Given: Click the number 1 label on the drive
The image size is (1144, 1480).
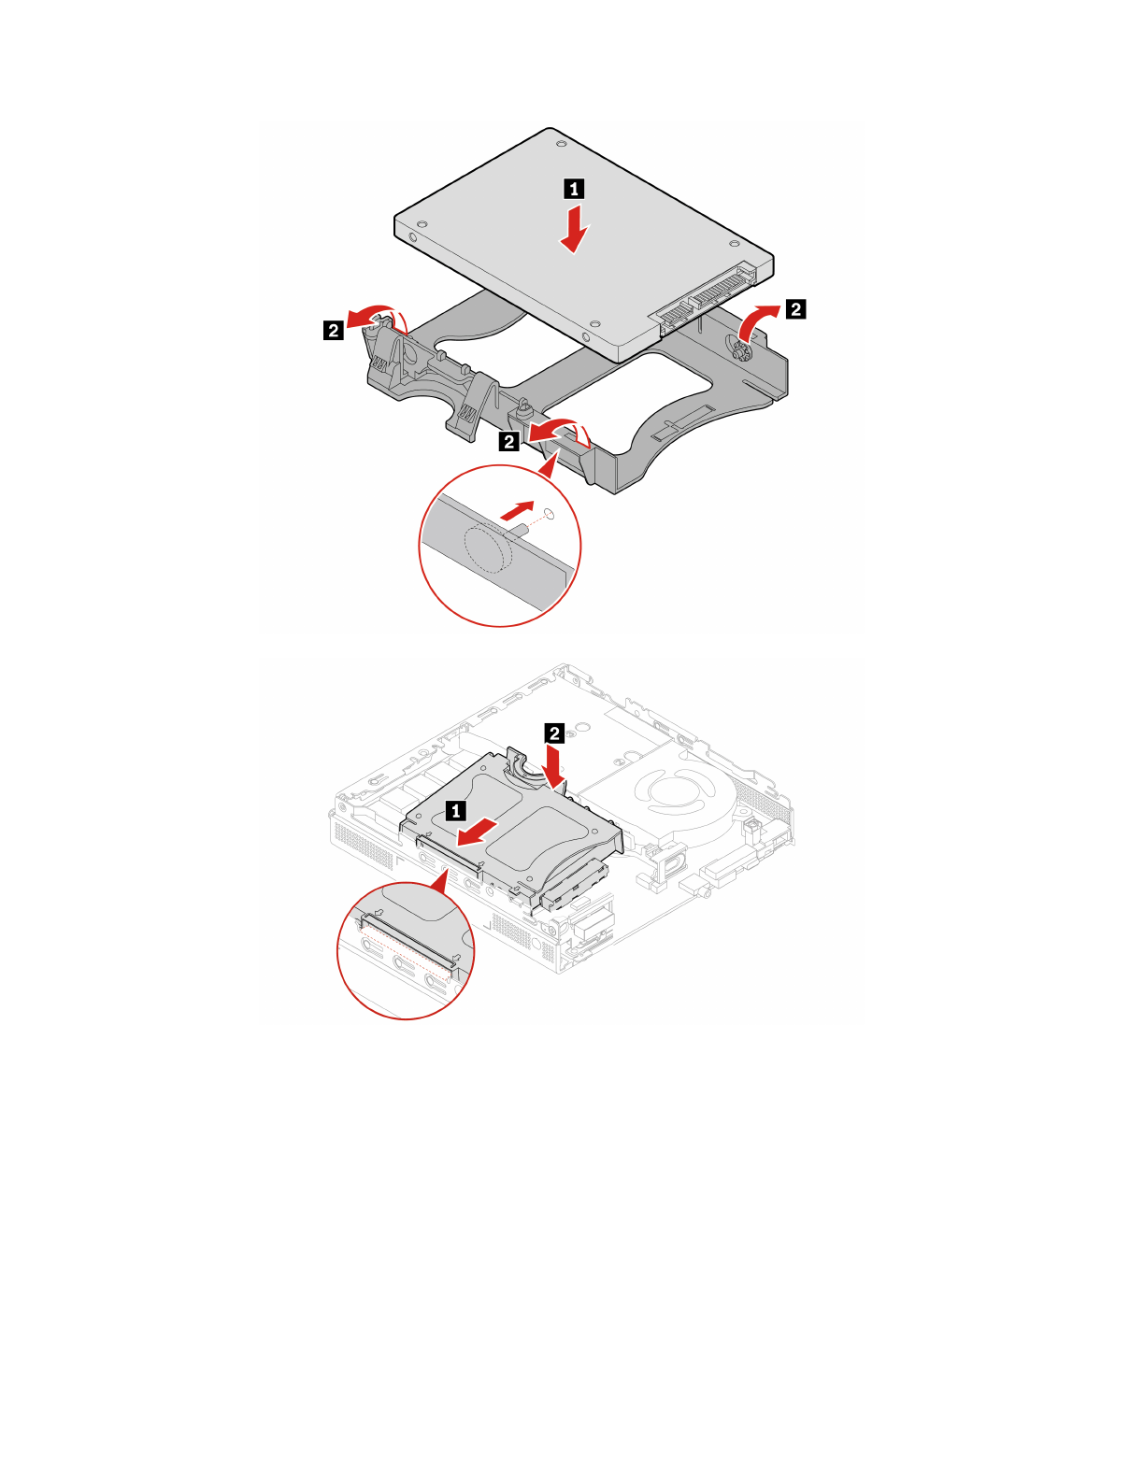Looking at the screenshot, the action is click(x=574, y=189).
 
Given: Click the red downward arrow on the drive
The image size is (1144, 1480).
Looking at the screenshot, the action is click(x=575, y=230).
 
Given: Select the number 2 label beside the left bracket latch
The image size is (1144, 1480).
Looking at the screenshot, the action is click(x=333, y=329).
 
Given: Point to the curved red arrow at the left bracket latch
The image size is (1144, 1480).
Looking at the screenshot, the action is click(x=373, y=315).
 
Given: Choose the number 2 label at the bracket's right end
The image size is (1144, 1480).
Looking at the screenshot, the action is click(x=795, y=308).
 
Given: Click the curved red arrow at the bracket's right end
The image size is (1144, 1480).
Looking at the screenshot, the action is click(x=755, y=320).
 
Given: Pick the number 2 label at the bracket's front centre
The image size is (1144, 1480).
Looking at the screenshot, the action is click(x=509, y=441).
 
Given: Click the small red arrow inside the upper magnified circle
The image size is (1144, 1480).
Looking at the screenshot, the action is click(x=516, y=510).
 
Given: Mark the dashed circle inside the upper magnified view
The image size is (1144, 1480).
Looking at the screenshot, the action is click(x=489, y=548).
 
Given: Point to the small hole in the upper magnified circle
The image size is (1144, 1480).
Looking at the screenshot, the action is click(x=550, y=513).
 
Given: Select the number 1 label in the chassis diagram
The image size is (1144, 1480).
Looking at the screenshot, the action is click(x=456, y=811).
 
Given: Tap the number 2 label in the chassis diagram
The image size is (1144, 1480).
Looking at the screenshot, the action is click(x=554, y=733).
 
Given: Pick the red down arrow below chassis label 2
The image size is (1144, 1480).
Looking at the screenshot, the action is click(x=556, y=766).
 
